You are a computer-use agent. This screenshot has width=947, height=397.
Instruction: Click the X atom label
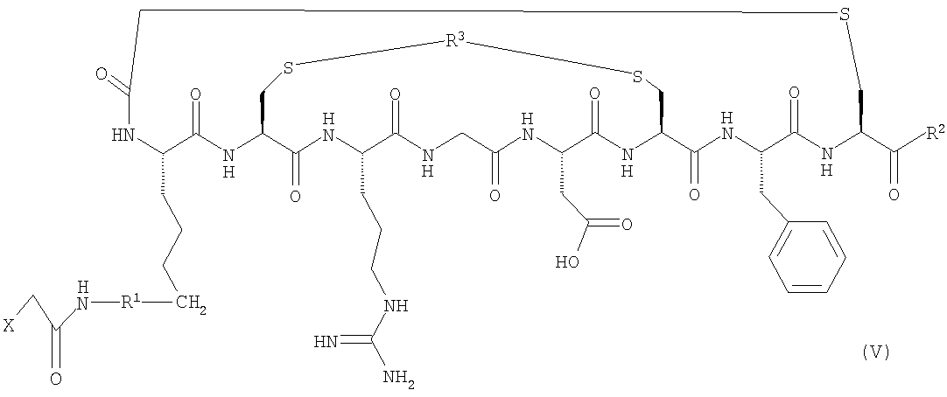pyautogui.click(x=9, y=326)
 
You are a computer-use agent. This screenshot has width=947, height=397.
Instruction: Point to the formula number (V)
pyautogui.click(x=876, y=352)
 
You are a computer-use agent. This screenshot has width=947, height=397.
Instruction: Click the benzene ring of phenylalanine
pyautogui.click(x=807, y=258)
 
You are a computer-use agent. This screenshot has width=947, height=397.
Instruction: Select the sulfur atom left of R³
pyautogui.click(x=288, y=69)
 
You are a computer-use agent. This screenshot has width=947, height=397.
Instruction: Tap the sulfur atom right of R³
pyautogui.click(x=636, y=76)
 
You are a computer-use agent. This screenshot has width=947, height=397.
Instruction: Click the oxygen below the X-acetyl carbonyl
pyautogui.click(x=55, y=380)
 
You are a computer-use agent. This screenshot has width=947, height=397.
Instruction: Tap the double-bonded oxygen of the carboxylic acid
pyautogui.click(x=627, y=225)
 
